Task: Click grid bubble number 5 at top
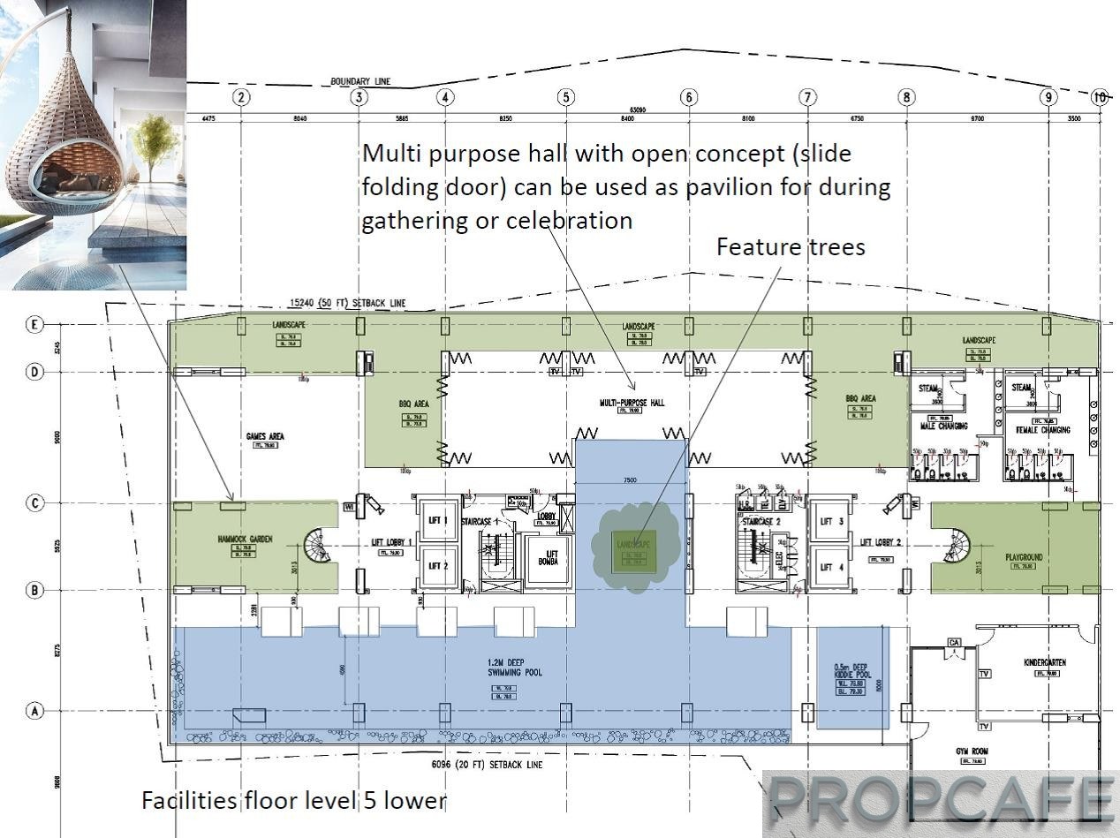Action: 566,97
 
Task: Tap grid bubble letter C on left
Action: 34,503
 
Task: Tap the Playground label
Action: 1023,557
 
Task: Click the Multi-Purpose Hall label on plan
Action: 632,403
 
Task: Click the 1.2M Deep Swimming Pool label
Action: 515,668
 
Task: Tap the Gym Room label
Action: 972,751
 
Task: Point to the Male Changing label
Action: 944,426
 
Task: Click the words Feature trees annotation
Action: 791,246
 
